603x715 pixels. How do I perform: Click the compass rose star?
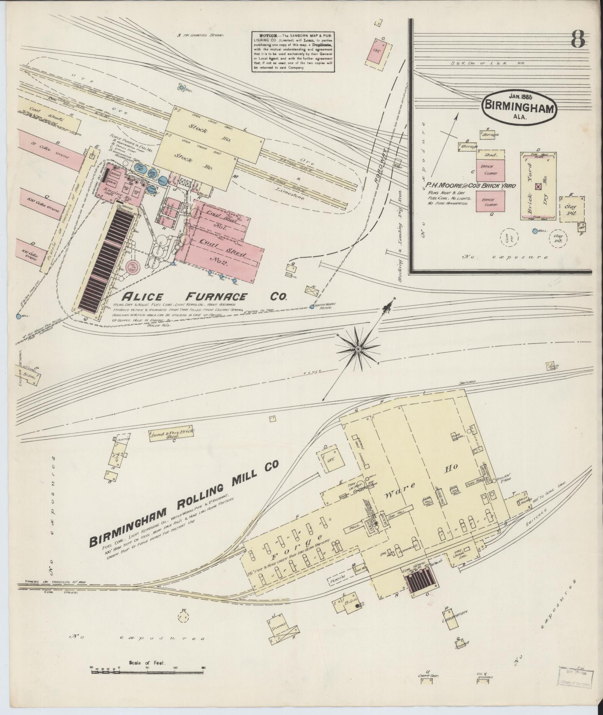pyautogui.click(x=358, y=348)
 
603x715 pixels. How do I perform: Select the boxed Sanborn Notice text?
pyautogui.click(x=293, y=52)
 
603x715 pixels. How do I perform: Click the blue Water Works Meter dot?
pyautogui.click(x=312, y=307)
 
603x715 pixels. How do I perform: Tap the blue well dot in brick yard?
pyautogui.click(x=535, y=231)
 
